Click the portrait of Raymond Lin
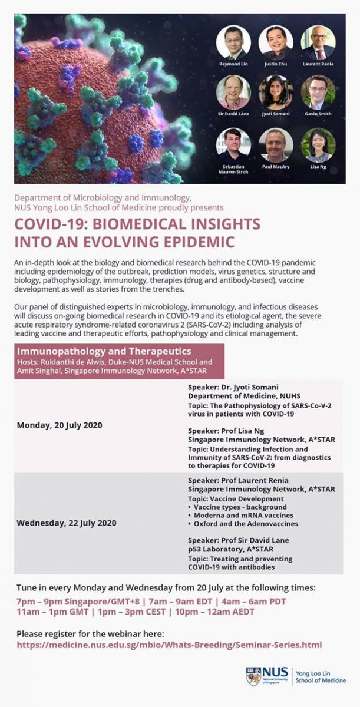click(233, 42)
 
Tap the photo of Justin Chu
click(276, 42)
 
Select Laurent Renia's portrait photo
click(318, 42)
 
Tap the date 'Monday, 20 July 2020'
click(60, 425)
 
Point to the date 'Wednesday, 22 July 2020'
click(67, 523)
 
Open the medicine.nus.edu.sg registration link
click(169, 645)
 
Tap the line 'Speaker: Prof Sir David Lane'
click(239, 540)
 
